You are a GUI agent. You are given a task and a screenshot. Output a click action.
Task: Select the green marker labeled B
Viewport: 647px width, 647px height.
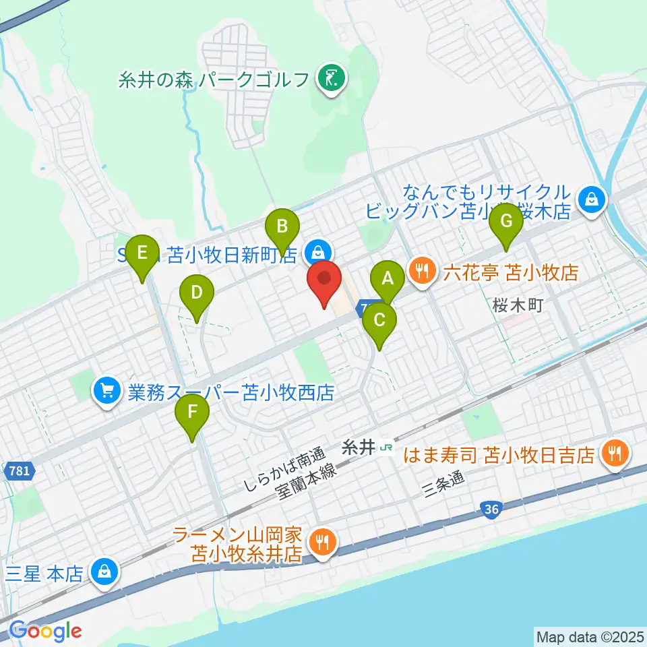[x=282, y=226]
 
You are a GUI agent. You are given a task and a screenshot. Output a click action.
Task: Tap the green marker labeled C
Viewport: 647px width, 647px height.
[x=379, y=320]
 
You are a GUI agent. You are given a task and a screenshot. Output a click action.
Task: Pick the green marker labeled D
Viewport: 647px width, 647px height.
[x=197, y=293]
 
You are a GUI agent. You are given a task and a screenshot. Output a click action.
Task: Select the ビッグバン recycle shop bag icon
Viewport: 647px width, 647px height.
[x=591, y=199]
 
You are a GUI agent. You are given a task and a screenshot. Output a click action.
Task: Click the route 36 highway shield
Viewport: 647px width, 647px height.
[x=491, y=511]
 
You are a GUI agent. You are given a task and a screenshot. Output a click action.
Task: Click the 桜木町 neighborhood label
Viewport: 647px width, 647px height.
[x=517, y=305]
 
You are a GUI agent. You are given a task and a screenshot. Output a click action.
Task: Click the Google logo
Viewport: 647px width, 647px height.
[x=46, y=631]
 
